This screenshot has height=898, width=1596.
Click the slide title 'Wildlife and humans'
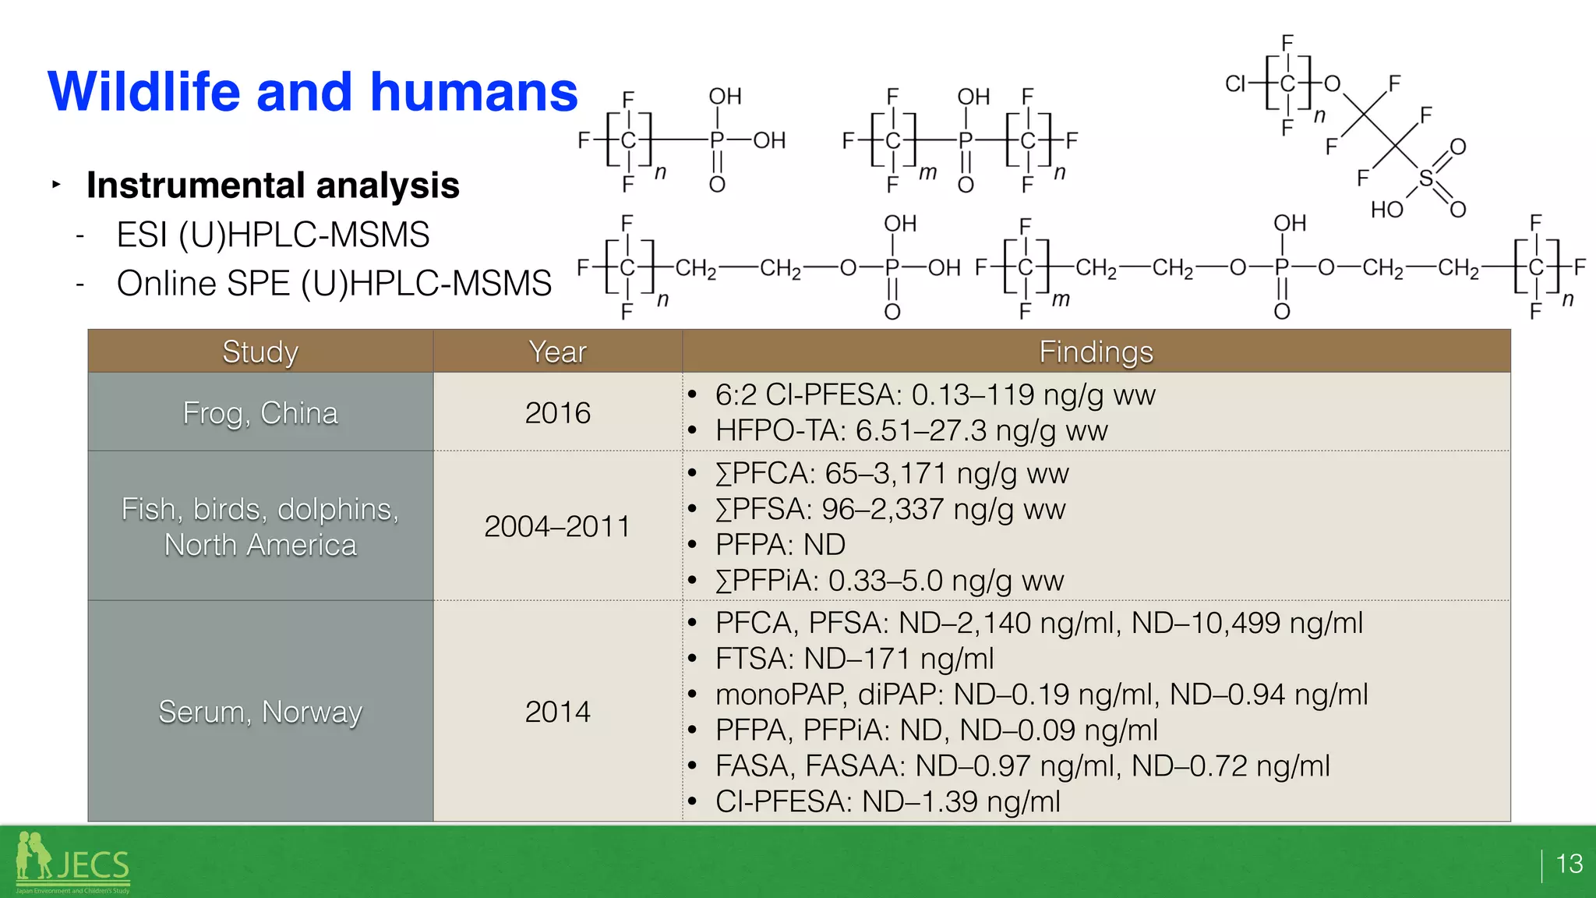point(312,92)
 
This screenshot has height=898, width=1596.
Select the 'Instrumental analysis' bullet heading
point(273,186)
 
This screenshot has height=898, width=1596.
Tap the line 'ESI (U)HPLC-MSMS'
point(273,235)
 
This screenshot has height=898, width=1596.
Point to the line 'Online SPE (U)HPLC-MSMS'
point(334,284)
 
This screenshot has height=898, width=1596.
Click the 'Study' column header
point(260,352)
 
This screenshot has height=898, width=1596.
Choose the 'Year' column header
point(557,352)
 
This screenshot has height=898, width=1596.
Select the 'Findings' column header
point(1096,352)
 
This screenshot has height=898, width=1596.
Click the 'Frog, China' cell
point(260,413)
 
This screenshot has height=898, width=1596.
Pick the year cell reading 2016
point(557,413)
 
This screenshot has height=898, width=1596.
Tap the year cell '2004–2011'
point(557,526)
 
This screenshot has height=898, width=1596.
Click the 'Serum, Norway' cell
point(260,712)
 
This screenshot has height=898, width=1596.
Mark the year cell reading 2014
point(557,712)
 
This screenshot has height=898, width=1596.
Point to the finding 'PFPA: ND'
point(779,545)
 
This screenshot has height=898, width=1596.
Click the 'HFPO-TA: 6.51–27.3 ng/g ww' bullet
point(910,431)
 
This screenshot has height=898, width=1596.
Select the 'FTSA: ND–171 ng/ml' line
point(854,659)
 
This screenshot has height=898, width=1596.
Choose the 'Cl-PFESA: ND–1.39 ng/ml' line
point(887,802)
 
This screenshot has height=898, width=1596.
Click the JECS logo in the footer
point(73,863)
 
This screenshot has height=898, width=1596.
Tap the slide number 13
point(1569,864)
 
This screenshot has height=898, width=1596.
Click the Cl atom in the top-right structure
point(1235,83)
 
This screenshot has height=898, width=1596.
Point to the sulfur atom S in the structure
point(1425,179)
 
